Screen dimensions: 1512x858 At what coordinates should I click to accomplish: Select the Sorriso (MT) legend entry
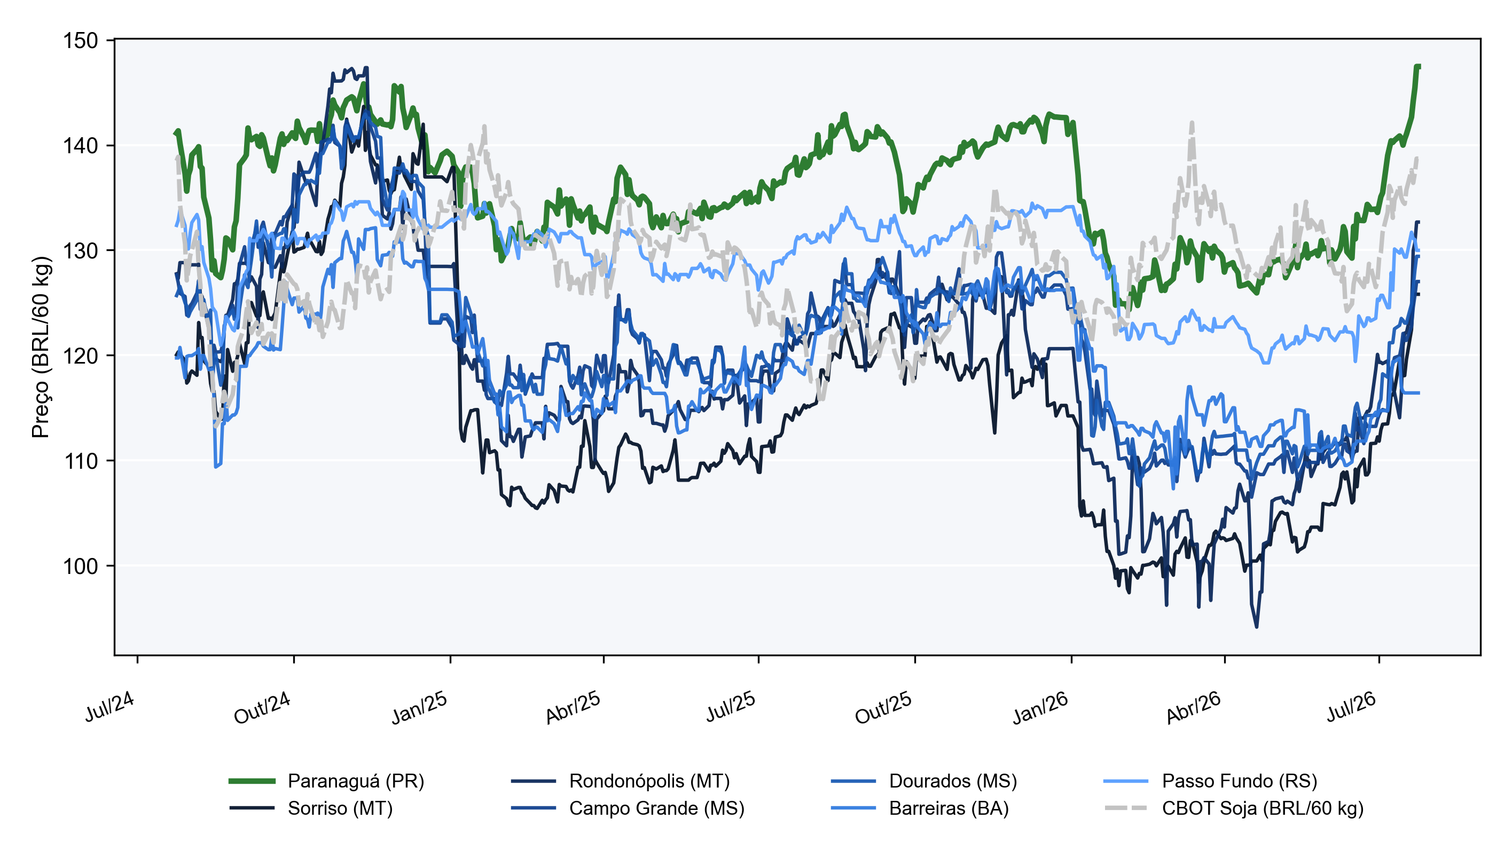click(x=311, y=808)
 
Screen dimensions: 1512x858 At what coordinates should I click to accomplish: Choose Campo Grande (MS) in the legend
click(x=628, y=808)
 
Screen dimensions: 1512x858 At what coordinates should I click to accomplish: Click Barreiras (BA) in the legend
click(x=920, y=808)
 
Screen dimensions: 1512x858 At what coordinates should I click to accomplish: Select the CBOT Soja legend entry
click(x=1234, y=808)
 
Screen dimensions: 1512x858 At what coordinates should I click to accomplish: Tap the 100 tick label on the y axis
click(x=81, y=566)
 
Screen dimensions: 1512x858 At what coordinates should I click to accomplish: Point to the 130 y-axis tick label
click(x=81, y=250)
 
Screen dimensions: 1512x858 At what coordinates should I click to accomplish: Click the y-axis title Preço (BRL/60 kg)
click(x=41, y=347)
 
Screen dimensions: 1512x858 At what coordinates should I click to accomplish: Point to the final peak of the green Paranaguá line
click(x=1417, y=67)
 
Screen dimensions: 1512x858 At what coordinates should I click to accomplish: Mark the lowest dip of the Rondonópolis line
click(x=1256, y=627)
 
